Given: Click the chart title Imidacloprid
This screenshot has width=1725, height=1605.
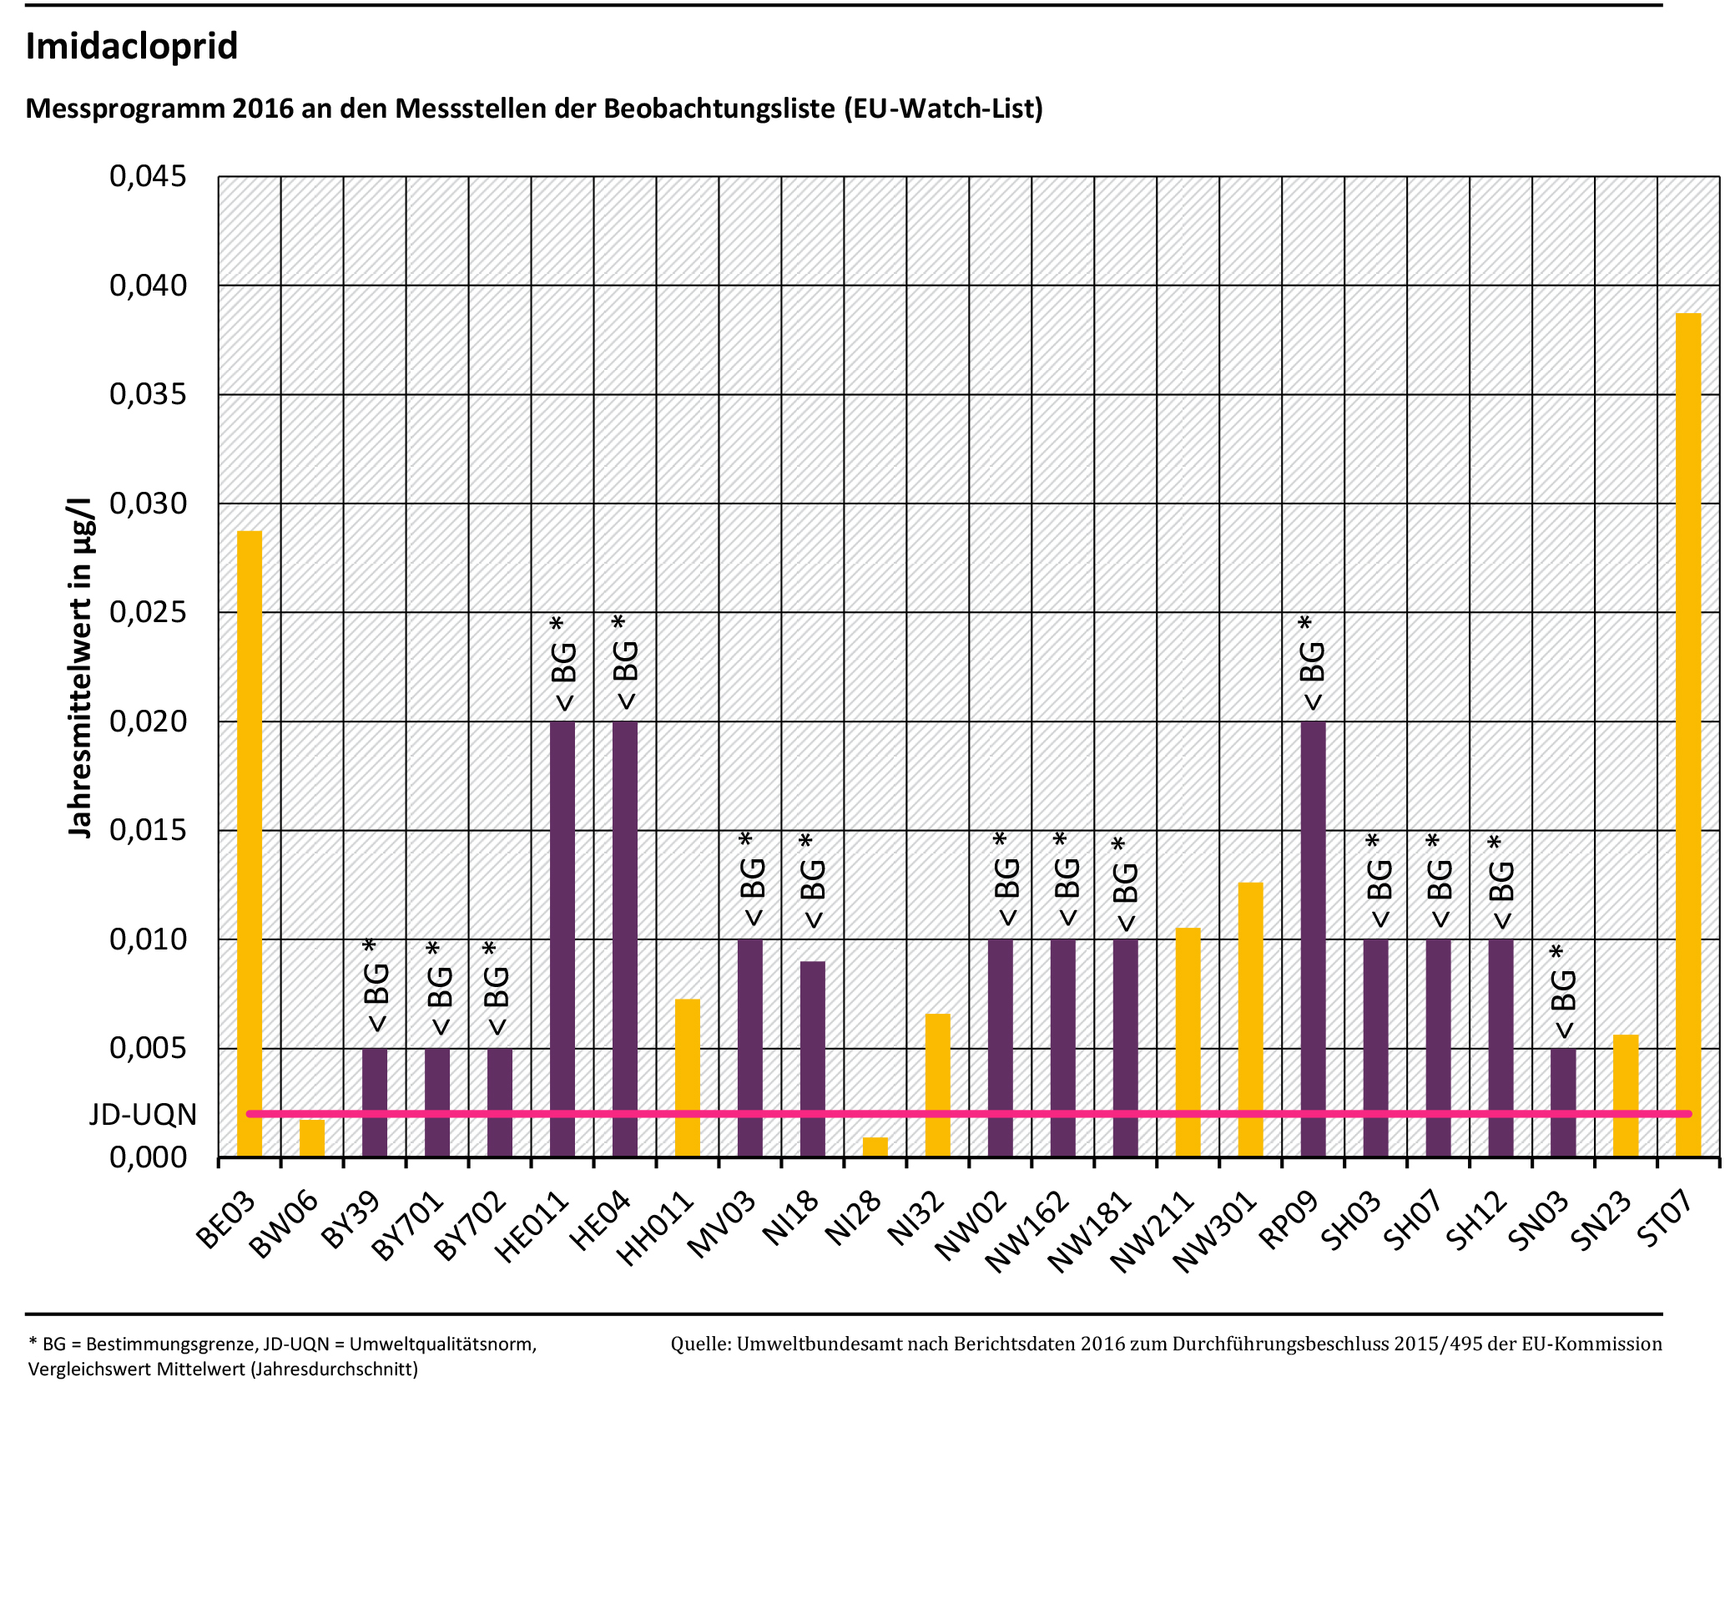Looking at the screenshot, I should click(132, 46).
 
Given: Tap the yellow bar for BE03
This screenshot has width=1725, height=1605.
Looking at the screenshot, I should click(249, 842).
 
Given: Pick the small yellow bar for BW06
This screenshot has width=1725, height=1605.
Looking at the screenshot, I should click(311, 1138).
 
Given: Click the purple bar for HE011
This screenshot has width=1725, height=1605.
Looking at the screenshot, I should click(562, 938).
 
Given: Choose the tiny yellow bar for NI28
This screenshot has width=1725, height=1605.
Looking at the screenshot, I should click(875, 1147).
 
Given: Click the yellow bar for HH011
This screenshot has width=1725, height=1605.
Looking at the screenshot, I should click(687, 1077).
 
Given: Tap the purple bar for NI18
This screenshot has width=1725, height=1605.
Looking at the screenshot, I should click(812, 1058).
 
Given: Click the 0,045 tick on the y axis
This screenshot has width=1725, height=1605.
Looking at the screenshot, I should click(148, 177).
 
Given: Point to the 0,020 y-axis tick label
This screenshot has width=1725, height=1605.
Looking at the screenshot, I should click(148, 721).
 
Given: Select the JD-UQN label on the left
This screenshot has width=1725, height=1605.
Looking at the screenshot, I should click(144, 1115).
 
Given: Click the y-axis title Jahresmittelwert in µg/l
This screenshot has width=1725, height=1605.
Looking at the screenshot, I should click(80, 668).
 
